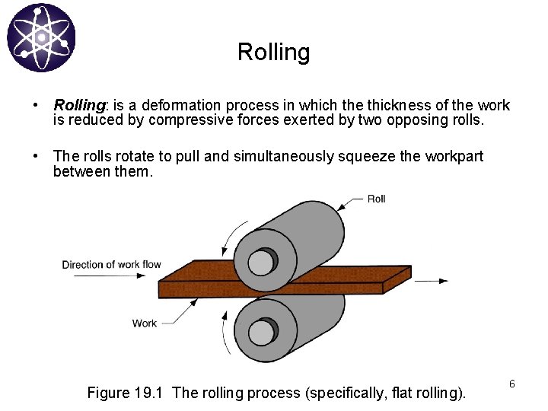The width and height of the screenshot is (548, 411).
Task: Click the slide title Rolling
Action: click(x=274, y=53)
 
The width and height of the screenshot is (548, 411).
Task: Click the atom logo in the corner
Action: click(x=41, y=38)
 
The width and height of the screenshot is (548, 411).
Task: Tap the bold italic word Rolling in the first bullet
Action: click(x=79, y=105)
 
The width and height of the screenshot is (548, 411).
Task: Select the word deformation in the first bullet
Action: click(x=181, y=105)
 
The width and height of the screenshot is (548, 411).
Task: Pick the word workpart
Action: click(x=454, y=156)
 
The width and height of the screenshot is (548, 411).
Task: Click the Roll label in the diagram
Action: click(x=377, y=199)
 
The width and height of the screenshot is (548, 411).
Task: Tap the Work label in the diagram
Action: click(x=145, y=323)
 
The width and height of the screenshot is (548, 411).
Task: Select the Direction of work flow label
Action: click(x=111, y=265)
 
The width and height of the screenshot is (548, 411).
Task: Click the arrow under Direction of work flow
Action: click(x=110, y=276)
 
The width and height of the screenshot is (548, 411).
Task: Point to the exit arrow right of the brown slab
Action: click(x=432, y=281)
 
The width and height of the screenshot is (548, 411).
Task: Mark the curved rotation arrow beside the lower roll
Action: click(x=224, y=332)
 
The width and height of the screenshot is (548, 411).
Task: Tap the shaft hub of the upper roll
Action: click(x=262, y=262)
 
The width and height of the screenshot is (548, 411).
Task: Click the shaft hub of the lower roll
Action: click(x=263, y=332)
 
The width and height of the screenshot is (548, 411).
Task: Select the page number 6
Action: click(x=512, y=384)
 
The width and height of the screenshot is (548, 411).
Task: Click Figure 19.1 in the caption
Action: click(x=125, y=393)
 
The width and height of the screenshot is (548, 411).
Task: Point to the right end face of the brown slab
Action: click(x=397, y=279)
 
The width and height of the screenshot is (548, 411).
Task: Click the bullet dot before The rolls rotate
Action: click(x=35, y=156)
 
